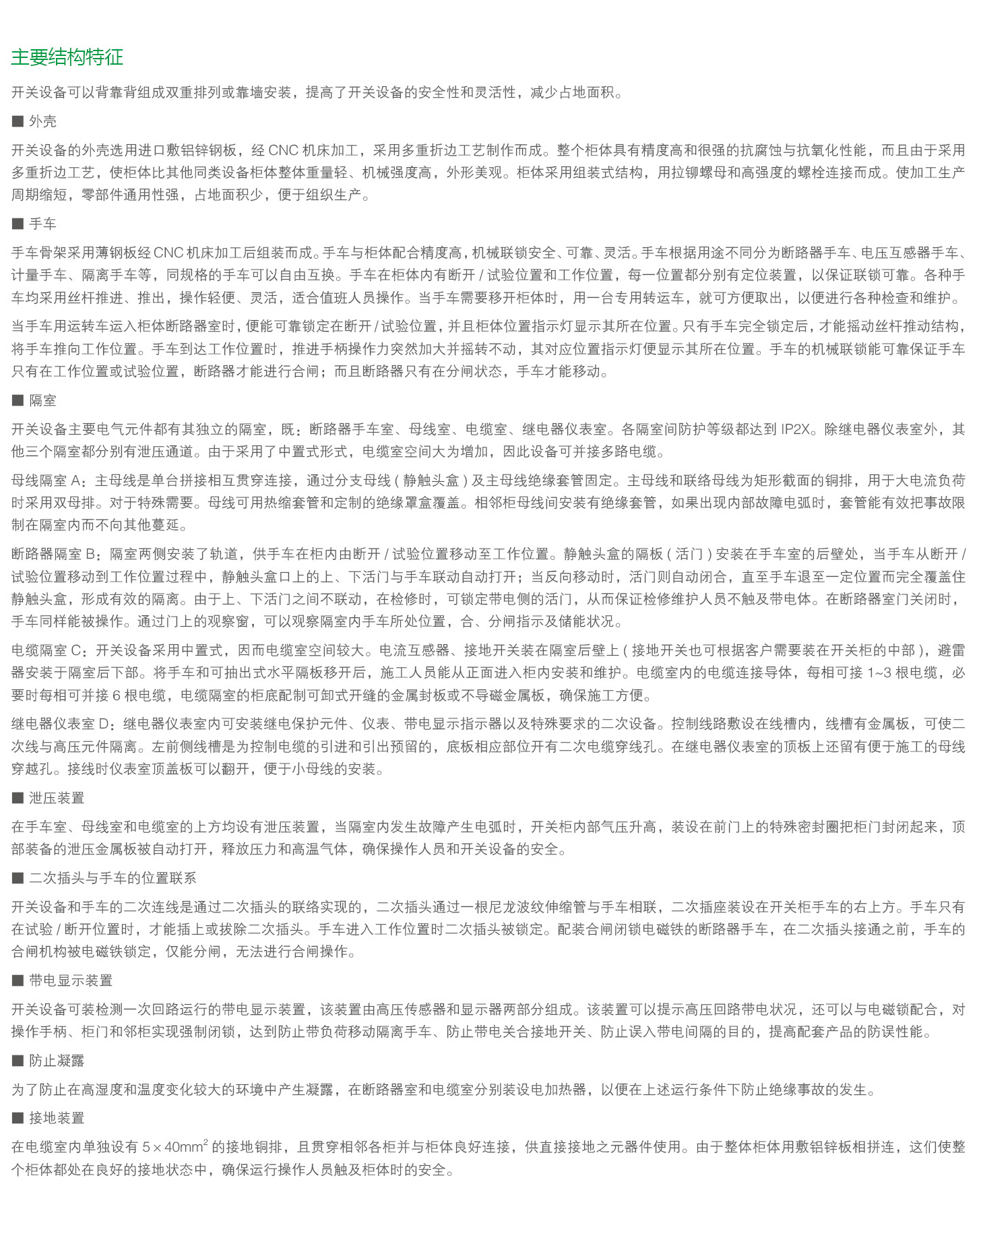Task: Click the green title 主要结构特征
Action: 67,57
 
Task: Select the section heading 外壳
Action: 43,121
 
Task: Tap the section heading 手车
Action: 43,224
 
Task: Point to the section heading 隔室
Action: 43,400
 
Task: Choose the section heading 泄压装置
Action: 57,798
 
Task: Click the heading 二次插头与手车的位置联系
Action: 113,878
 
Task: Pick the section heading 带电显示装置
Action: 71,980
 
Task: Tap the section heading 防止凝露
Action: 57,1061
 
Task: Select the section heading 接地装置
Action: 57,1118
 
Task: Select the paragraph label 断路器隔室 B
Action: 53,554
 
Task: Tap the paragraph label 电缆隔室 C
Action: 46,650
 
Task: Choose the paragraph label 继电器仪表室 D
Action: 60,724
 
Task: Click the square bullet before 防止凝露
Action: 18,1061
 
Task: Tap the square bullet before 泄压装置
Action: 18,798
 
